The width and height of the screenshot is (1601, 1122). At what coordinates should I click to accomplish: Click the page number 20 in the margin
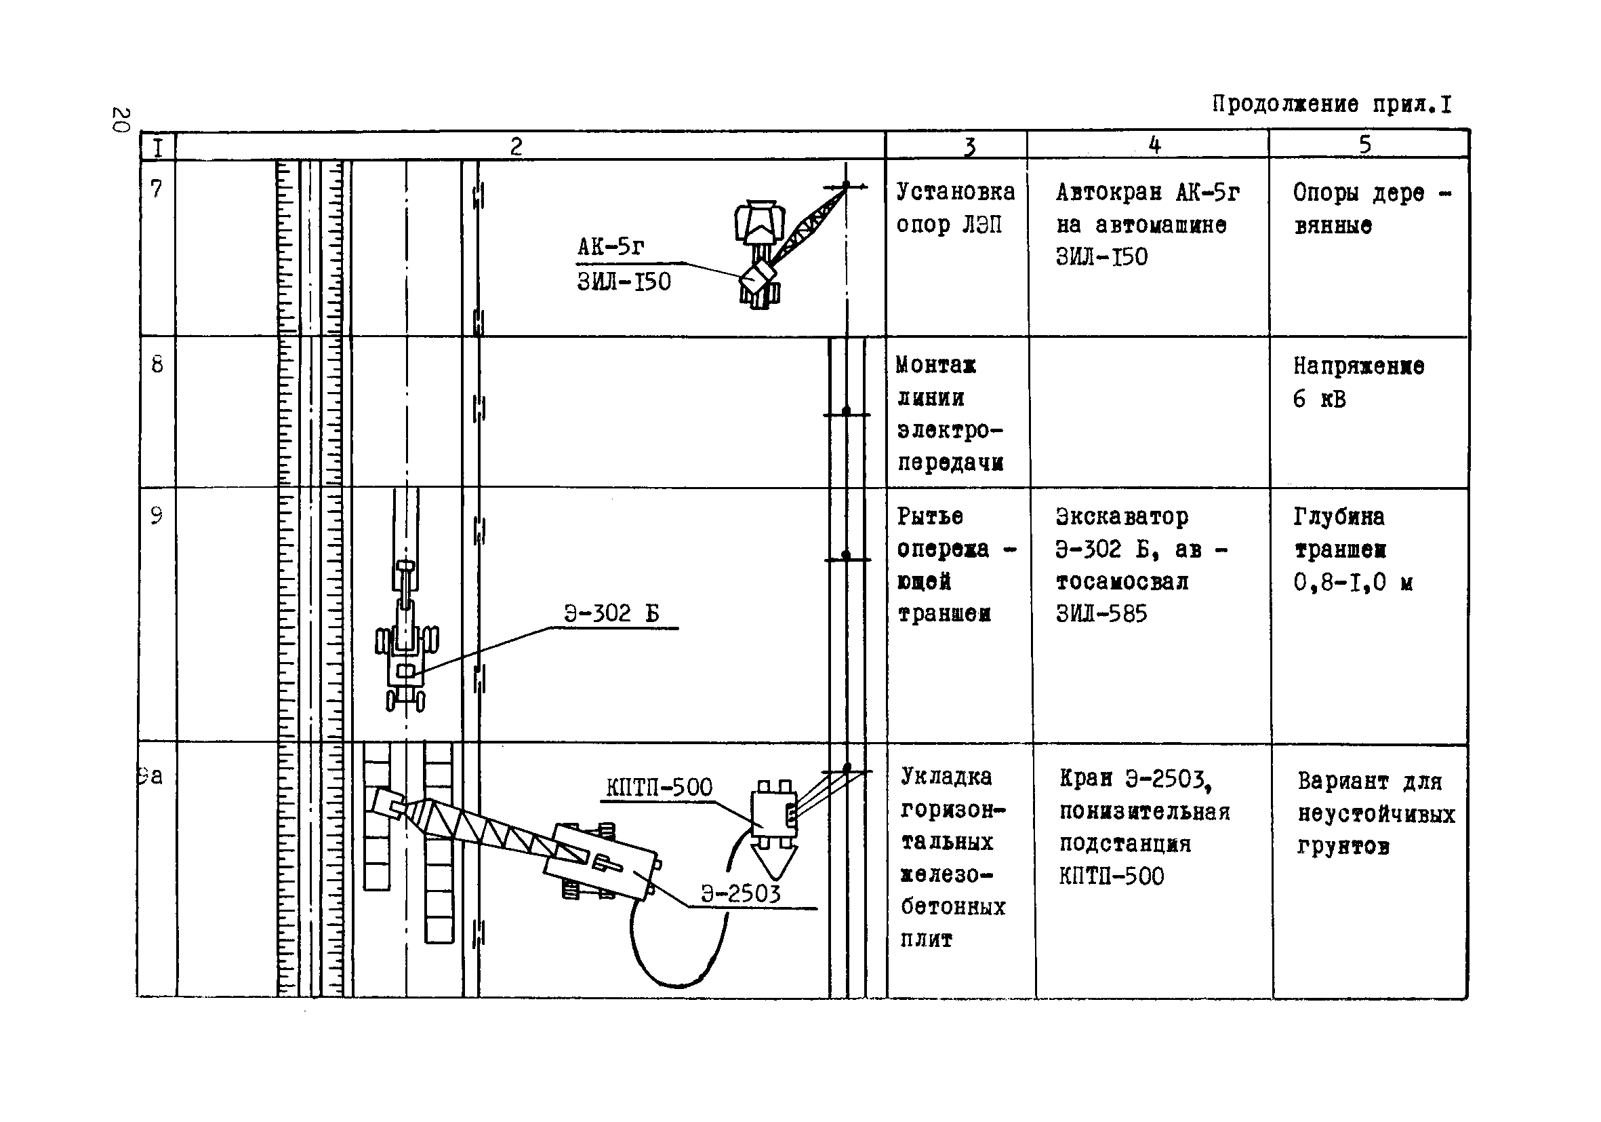120,119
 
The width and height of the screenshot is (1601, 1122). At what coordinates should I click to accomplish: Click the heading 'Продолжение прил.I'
1332,104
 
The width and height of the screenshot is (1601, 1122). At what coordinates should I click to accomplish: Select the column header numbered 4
1154,145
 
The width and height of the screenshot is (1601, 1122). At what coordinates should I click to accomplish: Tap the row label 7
157,189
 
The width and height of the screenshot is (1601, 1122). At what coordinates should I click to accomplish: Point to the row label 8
157,364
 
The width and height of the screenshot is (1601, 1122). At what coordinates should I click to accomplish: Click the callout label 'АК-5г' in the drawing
611,246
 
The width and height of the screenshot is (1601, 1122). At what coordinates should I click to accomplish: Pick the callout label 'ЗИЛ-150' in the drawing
624,282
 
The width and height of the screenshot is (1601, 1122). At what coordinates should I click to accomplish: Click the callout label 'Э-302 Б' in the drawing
611,613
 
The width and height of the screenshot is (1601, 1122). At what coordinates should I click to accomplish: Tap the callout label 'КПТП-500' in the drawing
659,787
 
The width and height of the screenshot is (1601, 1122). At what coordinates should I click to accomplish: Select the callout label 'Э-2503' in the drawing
741,894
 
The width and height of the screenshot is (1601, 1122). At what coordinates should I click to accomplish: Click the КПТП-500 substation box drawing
774,813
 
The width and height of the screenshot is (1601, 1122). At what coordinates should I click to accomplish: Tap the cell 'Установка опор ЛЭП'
955,208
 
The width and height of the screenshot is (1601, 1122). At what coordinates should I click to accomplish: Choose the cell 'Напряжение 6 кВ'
1358,383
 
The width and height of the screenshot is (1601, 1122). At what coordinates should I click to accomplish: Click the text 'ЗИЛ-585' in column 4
1101,614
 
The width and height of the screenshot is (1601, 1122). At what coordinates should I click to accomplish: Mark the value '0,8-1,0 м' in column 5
1353,582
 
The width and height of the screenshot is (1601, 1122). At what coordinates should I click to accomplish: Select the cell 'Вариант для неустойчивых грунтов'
1376,813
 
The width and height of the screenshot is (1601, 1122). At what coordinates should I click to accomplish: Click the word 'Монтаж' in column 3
936,365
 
